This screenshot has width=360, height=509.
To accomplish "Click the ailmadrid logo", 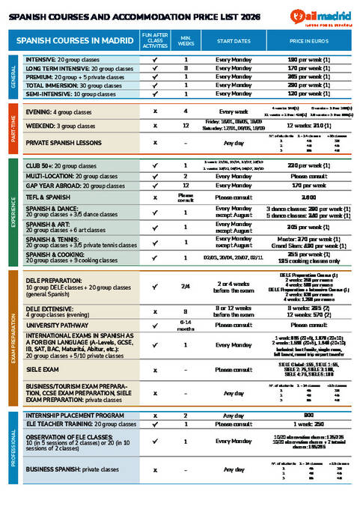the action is coord(317,13).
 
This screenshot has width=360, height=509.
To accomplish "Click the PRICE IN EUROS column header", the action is coord(309,40).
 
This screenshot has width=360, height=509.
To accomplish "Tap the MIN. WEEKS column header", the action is coord(186,40).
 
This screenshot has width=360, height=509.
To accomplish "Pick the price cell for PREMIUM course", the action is coord(309,76).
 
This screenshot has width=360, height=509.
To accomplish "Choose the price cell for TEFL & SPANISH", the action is coord(309,196).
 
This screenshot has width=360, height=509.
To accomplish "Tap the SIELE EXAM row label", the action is coord(43,370).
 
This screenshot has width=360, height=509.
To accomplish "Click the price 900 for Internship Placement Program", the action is coord(309,415).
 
